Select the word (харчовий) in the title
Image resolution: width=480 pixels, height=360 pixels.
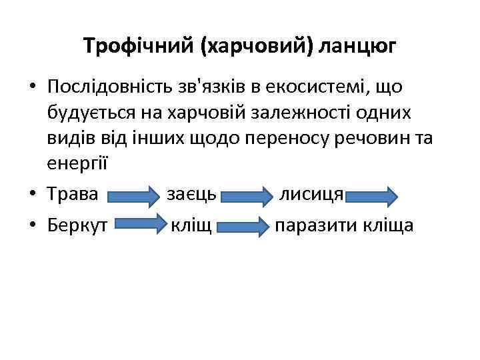point(257,46)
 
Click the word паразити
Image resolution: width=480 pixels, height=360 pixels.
point(315,225)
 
